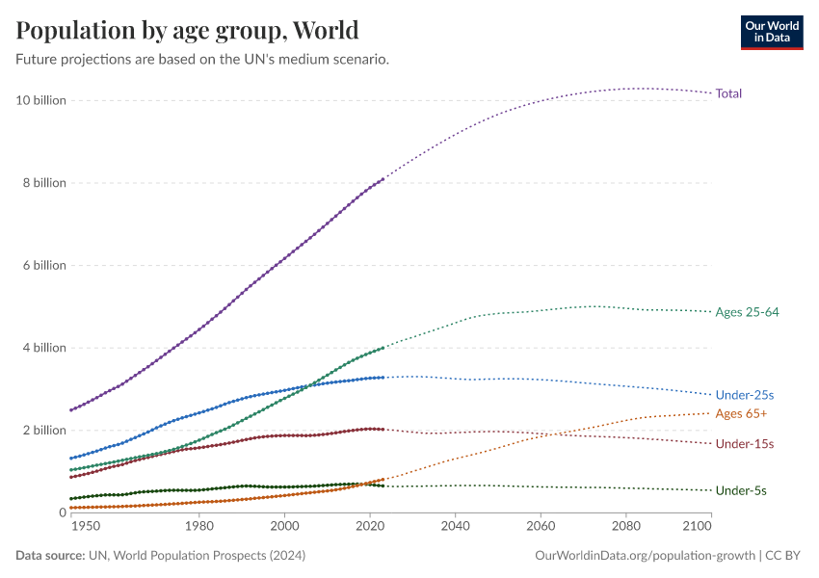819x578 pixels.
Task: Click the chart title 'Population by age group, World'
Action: pos(187,31)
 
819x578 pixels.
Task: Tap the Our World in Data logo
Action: pos(771,32)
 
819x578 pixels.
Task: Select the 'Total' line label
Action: pos(728,93)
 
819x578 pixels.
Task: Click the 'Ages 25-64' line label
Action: pos(747,312)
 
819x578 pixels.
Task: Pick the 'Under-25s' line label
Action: pos(745,395)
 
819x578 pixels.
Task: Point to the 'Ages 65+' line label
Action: pos(741,413)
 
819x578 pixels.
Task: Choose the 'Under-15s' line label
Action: pos(745,444)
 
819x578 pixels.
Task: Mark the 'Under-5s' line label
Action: pos(741,491)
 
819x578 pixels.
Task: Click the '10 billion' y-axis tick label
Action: pos(41,100)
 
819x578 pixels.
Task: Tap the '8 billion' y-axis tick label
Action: pos(44,183)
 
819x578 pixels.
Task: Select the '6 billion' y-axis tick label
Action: pos(44,265)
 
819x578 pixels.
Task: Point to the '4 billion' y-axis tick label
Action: pos(44,348)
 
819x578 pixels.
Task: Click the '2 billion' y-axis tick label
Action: pos(44,430)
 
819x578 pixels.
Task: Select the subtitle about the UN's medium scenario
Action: pos(202,60)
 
